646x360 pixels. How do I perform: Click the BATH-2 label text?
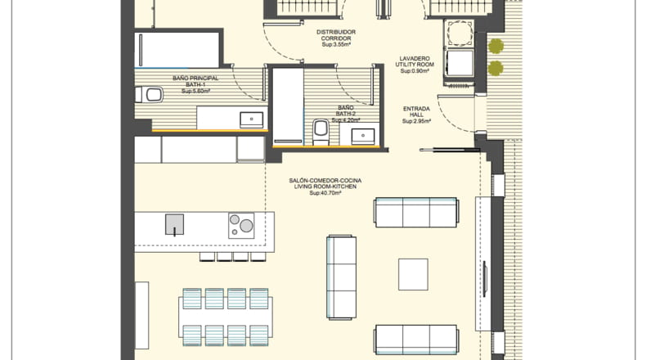346,114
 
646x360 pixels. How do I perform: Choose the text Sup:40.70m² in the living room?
325,192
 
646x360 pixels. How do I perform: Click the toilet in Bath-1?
149,95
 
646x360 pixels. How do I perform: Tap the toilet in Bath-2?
321,132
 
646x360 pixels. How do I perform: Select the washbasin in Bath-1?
251,119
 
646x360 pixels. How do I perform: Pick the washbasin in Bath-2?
363,136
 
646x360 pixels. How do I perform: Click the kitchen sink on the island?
175,224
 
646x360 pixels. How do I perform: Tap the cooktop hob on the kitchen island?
241,226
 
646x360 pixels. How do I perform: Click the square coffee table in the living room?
413,274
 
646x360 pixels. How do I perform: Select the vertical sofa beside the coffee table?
342,277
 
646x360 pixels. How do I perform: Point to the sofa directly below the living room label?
416,213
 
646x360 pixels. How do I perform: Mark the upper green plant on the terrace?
496,46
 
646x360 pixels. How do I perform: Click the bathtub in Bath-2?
289,106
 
